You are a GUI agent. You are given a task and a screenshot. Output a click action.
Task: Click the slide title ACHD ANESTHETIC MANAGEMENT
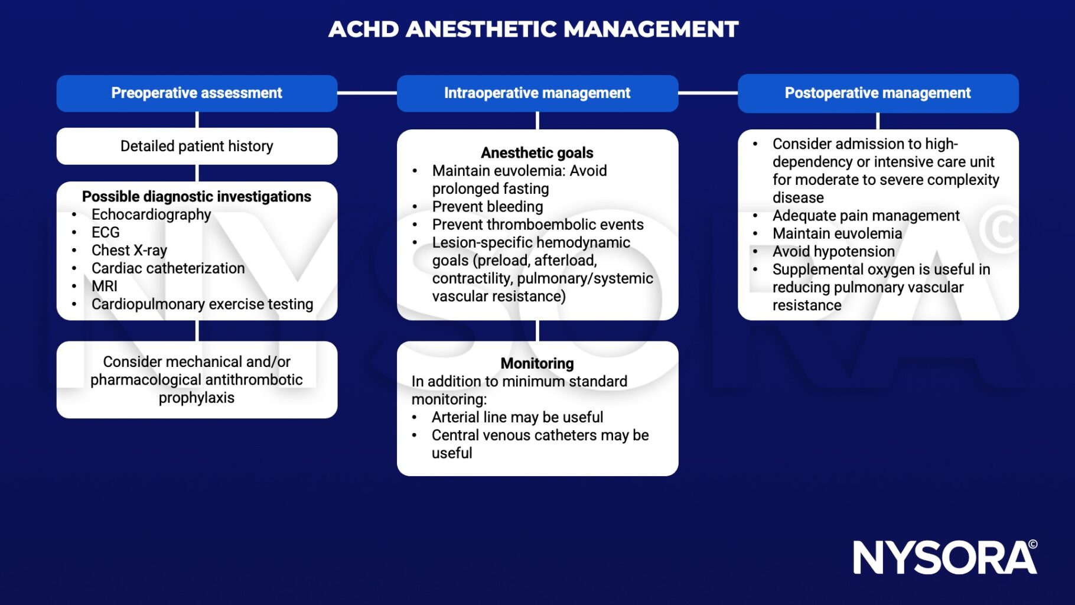click(x=533, y=29)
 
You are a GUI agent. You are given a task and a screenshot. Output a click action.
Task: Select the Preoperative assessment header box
click(x=197, y=93)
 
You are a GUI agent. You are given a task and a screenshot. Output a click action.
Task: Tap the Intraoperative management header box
click(x=537, y=93)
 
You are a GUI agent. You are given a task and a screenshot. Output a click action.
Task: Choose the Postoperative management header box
click(x=878, y=93)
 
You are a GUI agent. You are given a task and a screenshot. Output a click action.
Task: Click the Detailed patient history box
click(x=197, y=146)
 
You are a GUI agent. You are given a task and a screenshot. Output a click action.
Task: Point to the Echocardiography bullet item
click(x=151, y=214)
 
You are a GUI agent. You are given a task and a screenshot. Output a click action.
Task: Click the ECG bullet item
click(x=106, y=232)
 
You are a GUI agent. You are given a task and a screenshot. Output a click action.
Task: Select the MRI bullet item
click(x=105, y=286)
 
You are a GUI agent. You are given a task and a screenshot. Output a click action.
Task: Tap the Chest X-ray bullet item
click(x=129, y=251)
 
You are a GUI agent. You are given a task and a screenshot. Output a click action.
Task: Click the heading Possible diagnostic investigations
click(x=197, y=196)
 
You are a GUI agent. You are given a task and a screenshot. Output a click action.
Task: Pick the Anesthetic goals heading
click(x=537, y=152)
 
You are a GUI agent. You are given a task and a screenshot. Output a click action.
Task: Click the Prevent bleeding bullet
click(x=487, y=207)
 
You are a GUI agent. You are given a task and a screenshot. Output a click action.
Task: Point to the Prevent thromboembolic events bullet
click(x=537, y=225)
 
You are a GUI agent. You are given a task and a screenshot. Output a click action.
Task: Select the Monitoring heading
click(x=537, y=363)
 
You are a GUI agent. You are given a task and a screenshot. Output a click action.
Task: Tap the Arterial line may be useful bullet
click(x=517, y=417)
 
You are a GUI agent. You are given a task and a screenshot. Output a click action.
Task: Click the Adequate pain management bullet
click(x=866, y=216)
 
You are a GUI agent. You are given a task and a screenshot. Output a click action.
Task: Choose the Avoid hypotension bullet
click(x=833, y=252)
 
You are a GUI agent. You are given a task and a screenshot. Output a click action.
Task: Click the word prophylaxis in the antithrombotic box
click(x=197, y=398)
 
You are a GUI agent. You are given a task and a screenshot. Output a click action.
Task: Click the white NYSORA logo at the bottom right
click(x=944, y=557)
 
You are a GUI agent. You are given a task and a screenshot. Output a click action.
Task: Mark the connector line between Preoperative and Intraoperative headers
click(x=367, y=93)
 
